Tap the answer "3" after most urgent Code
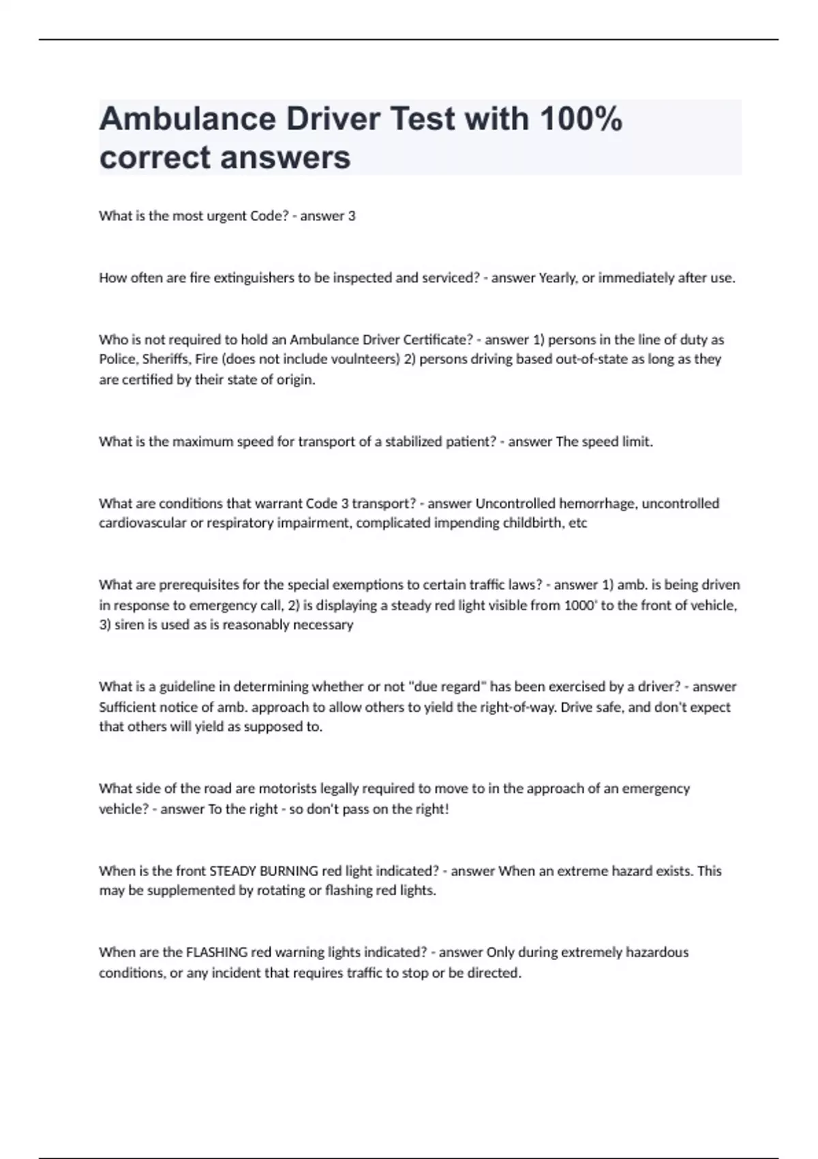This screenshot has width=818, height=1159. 352,216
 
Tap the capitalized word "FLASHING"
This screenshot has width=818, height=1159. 216,952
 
